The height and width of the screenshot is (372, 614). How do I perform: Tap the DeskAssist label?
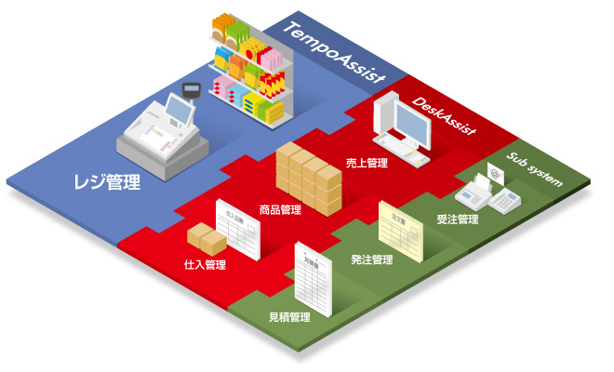(445, 116)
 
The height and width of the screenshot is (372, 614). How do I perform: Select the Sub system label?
(536, 167)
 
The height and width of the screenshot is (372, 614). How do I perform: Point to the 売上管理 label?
(366, 162)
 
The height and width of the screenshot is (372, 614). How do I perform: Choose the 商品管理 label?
(280, 210)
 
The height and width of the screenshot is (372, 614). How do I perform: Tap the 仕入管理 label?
(206, 265)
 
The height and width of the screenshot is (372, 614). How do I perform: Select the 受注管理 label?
(457, 220)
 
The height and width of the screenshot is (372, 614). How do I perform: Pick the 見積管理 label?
(289, 317)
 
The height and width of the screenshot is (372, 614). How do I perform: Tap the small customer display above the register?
(194, 90)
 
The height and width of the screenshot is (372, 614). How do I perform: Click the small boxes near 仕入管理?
(206, 239)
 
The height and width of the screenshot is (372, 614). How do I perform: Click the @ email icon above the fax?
(494, 171)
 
